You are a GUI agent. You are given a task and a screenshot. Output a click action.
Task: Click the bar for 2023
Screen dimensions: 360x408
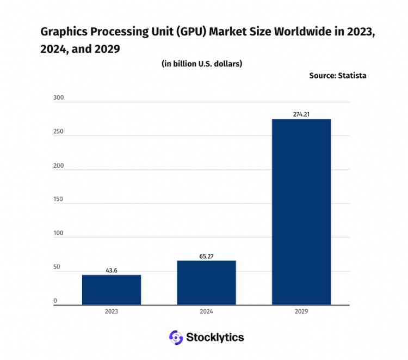[112, 290]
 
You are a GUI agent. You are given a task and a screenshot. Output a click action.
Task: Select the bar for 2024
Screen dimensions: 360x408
[206, 283]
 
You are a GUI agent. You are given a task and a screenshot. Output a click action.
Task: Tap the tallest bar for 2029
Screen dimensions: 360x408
[301, 212]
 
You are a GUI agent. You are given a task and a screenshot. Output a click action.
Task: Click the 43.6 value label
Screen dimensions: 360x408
[112, 270]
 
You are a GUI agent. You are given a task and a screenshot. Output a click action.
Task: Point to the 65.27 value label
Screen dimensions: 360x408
[206, 255]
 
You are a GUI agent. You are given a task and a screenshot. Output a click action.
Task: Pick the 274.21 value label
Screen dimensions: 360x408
[301, 114]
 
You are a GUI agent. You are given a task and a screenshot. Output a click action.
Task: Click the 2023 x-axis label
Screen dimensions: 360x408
[112, 312]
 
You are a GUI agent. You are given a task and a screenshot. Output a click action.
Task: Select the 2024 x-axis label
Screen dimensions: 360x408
[206, 312]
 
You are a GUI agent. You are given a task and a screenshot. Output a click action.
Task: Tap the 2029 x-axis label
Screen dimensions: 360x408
[301, 312]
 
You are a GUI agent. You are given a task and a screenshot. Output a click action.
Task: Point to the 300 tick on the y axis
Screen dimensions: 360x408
[59, 98]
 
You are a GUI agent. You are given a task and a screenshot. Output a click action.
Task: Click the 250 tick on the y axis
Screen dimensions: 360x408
[59, 132]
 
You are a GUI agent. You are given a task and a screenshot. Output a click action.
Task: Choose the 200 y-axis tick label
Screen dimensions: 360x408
[59, 166]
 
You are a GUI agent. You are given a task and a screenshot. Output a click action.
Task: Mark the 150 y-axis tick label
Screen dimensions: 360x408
[59, 199]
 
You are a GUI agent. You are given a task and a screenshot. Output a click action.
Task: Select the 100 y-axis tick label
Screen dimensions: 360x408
[59, 233]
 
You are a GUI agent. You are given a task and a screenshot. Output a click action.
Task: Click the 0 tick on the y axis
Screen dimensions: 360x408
[55, 301]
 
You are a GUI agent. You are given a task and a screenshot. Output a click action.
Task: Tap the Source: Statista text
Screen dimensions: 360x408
[338, 76]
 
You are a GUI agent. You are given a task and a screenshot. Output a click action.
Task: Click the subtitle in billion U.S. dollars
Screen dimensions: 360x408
[202, 64]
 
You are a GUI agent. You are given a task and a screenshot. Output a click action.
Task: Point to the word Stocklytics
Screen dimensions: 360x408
[215, 338]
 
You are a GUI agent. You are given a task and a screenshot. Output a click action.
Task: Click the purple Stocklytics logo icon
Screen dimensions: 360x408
[175, 338]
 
